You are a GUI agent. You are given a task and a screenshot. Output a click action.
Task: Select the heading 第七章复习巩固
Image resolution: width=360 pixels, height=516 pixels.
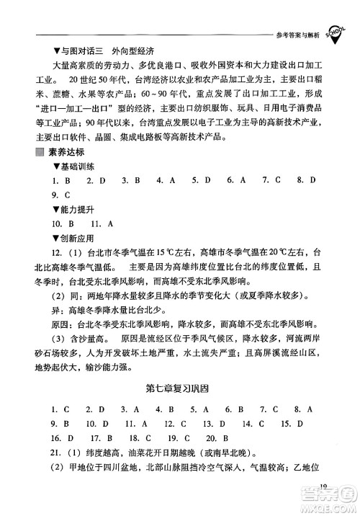tap(179, 389)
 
